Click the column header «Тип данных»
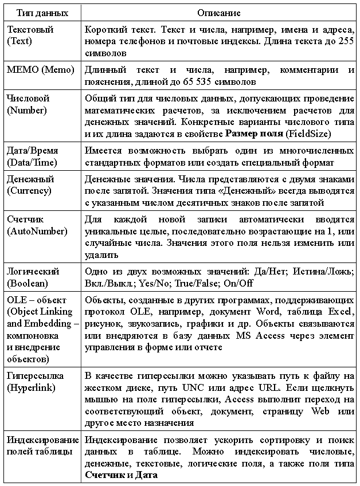coord(41,12)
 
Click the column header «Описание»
coord(219,12)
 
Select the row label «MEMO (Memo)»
coord(41,70)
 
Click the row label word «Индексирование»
coord(42,440)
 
